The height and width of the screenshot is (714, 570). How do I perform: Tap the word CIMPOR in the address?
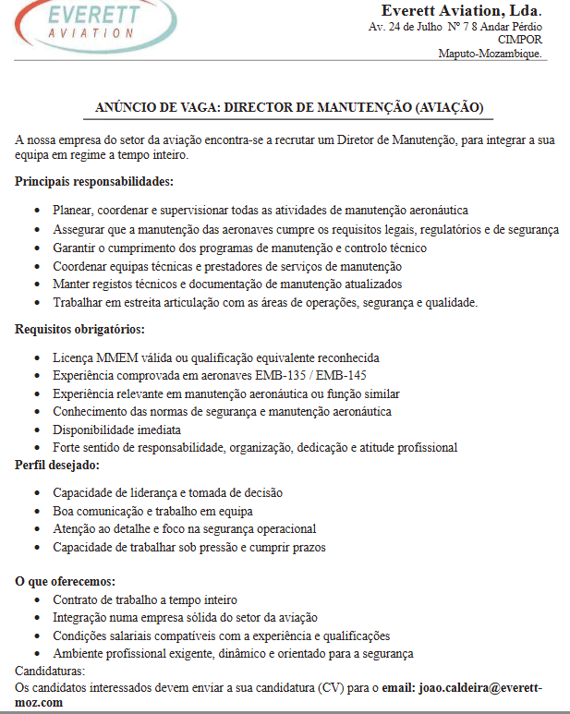(x=520, y=40)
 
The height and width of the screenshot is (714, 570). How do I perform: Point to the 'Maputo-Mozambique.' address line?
(x=491, y=54)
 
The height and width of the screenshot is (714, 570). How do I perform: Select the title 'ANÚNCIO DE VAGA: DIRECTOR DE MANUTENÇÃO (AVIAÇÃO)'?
(x=289, y=108)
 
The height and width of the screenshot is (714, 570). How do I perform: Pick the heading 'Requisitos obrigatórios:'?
(x=79, y=329)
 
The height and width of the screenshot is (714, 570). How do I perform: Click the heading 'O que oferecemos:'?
(x=66, y=581)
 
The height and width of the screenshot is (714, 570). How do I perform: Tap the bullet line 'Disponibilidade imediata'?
(x=116, y=430)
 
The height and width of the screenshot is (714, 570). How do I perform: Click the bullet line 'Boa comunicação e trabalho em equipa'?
(x=152, y=511)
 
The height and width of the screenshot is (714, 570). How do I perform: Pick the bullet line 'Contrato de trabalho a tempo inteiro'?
(x=145, y=599)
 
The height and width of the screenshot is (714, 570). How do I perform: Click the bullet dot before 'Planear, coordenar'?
(x=36, y=212)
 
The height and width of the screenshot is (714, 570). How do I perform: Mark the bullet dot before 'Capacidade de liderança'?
(x=36, y=493)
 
